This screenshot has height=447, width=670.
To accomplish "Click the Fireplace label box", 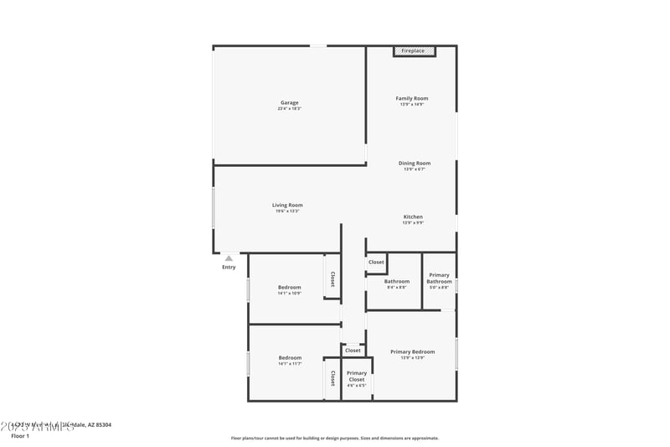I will point(413,51).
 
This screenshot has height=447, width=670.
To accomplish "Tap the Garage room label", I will point(289,103).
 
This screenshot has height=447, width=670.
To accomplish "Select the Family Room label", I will point(412,99).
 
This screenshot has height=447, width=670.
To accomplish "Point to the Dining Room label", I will point(414,164).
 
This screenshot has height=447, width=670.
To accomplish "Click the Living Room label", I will point(287,205).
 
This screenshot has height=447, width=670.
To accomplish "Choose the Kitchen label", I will point(414,217).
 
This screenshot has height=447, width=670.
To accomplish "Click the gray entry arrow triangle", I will point(229,258).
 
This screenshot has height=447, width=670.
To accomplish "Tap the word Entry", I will point(229,268).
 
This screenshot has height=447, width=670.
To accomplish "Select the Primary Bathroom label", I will point(439,278).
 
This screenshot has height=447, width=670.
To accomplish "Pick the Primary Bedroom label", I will point(413,352).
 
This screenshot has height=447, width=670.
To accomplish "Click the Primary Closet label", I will point(357,377).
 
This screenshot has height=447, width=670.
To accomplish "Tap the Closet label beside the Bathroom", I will point(376,262).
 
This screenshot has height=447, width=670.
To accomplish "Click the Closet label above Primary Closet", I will point(353,351).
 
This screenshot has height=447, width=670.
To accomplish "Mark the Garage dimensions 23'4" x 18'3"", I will point(289,109).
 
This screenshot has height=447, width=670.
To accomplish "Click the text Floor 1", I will point(20,436).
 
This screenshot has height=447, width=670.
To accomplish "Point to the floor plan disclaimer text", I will point(335,438).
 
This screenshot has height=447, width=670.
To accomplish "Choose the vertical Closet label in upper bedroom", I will point(332,279).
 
